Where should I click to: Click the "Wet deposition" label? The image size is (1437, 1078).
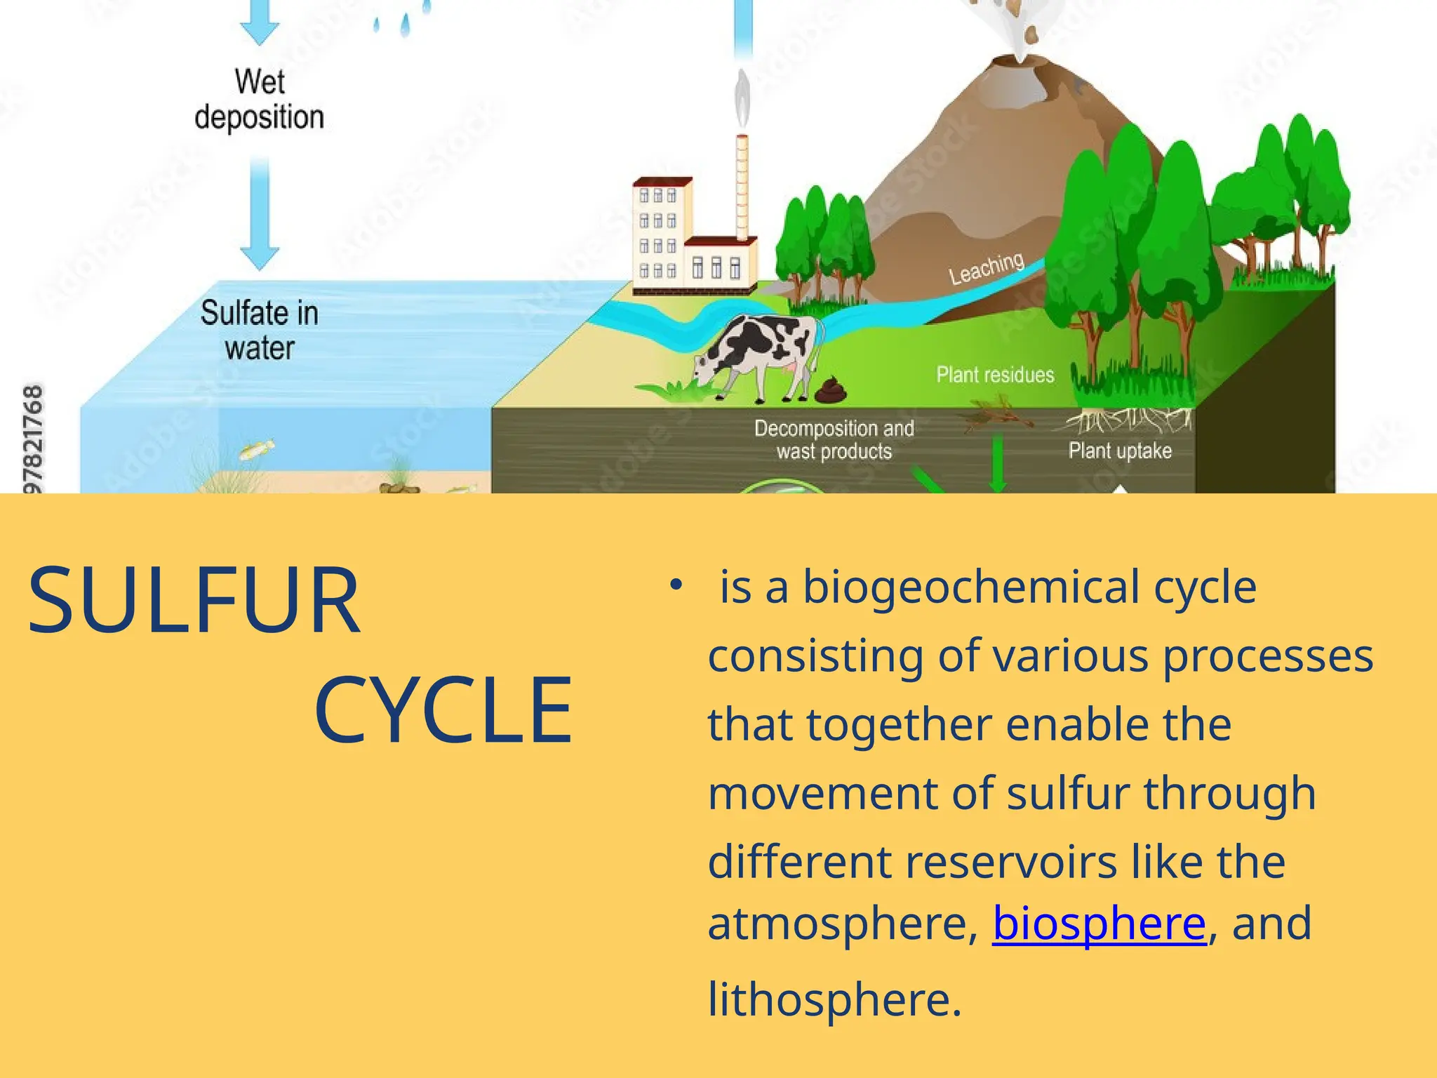click(x=260, y=99)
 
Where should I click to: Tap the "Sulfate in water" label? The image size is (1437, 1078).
click(x=260, y=330)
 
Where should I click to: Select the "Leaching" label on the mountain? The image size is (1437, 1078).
click(x=987, y=269)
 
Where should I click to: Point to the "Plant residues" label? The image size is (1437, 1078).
click(x=995, y=375)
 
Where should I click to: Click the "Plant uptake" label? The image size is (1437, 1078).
click(x=1120, y=451)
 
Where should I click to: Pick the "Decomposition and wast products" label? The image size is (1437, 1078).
click(x=834, y=439)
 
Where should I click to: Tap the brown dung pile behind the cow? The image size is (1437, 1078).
click(x=831, y=391)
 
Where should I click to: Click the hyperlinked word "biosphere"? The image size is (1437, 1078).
click(x=1099, y=923)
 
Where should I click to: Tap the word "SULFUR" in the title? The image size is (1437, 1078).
click(x=194, y=601)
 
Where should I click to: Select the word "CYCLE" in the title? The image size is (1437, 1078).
click(x=443, y=710)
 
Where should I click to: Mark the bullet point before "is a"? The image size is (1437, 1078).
click(x=676, y=585)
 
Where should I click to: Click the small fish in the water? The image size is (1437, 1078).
click(x=257, y=449)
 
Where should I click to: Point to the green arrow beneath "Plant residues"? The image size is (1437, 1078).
click(x=997, y=463)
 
